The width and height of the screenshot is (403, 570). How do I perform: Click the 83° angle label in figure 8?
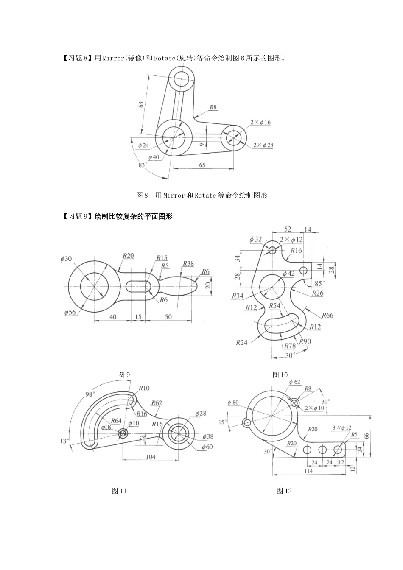(x=143, y=165)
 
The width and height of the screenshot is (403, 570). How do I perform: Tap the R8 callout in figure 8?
(x=213, y=108)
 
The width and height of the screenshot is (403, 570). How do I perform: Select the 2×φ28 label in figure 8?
(x=263, y=145)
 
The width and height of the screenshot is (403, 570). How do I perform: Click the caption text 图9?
(x=124, y=374)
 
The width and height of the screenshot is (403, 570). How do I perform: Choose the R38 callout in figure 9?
(x=188, y=264)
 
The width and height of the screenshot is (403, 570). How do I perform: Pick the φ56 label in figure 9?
(x=70, y=312)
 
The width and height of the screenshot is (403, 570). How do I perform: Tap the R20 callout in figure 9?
(x=128, y=256)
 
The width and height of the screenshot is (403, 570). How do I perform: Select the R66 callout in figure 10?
(x=327, y=315)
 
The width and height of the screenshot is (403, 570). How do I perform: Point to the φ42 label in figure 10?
(x=288, y=274)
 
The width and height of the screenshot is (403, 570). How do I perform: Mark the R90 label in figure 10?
(x=304, y=341)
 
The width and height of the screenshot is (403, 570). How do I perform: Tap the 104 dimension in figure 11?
(x=151, y=457)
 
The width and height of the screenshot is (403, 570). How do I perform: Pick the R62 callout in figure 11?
(x=157, y=403)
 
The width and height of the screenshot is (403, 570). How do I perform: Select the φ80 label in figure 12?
(x=233, y=402)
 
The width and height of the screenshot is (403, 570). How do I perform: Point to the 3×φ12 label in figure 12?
(x=342, y=428)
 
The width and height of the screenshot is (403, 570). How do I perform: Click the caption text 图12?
(x=284, y=491)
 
